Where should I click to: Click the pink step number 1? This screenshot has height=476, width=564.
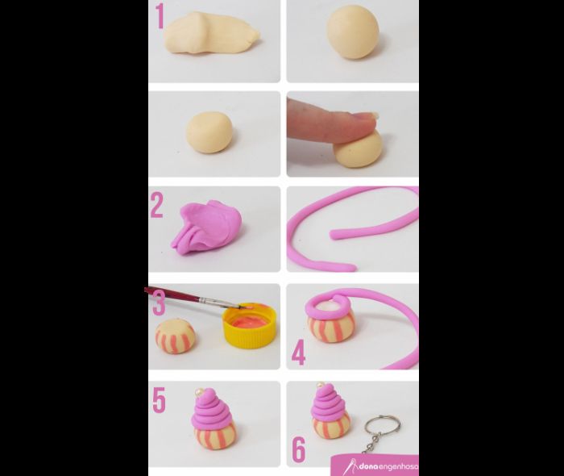[x=160, y=16]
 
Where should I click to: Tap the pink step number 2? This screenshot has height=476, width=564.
[x=157, y=205]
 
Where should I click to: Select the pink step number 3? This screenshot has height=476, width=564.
[x=159, y=303]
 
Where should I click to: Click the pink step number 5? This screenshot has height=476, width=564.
[x=159, y=400]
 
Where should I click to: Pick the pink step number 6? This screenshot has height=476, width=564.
[x=299, y=449]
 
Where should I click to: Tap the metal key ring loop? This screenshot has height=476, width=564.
[x=382, y=426]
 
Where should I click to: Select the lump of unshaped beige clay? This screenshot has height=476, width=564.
[x=211, y=33]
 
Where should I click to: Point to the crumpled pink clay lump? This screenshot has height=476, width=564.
[x=206, y=227]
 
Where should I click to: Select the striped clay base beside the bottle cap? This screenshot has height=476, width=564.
[x=175, y=336]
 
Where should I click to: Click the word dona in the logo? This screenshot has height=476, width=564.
[x=363, y=467]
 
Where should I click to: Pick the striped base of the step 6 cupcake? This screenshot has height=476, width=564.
[x=330, y=425]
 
